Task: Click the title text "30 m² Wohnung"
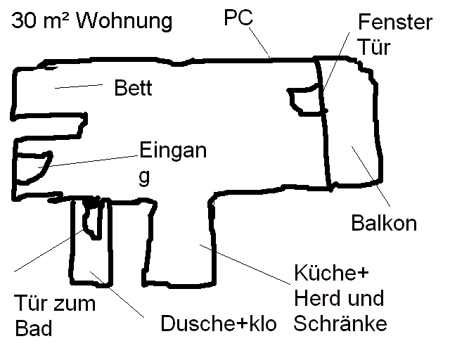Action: pyautogui.click(x=91, y=20)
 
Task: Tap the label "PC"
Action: pyautogui.click(x=238, y=17)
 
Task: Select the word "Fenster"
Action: pyautogui.click(x=394, y=22)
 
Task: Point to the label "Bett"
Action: pyautogui.click(x=133, y=89)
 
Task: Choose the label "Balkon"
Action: pyautogui.click(x=383, y=224)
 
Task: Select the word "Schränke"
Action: pyautogui.click(x=340, y=323)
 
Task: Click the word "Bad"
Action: pyautogui.click(x=34, y=328)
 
